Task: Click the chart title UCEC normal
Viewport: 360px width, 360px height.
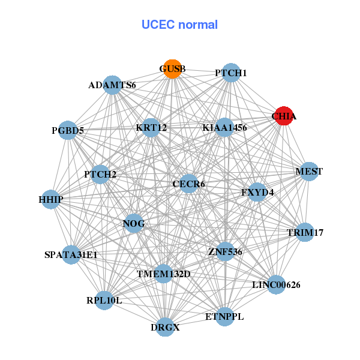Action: coord(179,25)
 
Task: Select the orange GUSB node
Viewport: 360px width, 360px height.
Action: coord(172,68)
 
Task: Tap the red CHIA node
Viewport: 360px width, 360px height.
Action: coord(283,116)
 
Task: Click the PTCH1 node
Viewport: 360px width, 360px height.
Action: coord(231,73)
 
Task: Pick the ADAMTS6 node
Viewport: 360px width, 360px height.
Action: coord(112,85)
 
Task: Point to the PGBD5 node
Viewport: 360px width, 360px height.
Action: coord(68,130)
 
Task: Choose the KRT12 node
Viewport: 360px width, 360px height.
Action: coord(151,127)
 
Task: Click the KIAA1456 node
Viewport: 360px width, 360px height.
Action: coord(224,127)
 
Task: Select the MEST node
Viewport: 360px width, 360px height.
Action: coord(308,172)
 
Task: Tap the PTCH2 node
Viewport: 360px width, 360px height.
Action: coord(100,175)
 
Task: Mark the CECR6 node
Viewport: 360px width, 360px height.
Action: coord(188,184)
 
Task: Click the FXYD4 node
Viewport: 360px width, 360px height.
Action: coord(257,192)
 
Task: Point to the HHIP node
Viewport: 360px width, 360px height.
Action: coord(51,199)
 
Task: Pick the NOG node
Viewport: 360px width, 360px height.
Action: coord(134,223)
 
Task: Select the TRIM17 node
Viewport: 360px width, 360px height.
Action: coord(305,232)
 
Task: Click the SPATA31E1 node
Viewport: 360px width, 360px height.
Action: coord(71,254)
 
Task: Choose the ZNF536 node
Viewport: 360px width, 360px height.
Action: coord(224,251)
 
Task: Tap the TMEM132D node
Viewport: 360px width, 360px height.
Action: coord(163,274)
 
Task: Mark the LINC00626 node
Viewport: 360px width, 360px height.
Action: coord(276,284)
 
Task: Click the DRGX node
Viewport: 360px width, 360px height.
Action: coord(165,328)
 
